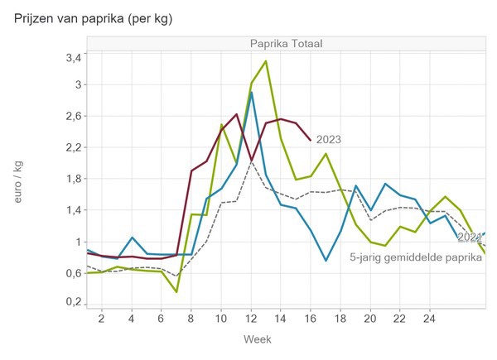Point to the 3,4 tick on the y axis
pos(74,58)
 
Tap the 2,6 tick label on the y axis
pos(74,116)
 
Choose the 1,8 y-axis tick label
pos(74,179)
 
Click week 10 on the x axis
pos(221,319)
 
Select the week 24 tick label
pos(429,319)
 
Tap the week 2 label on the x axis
pos(102,319)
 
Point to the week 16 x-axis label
pos(310,319)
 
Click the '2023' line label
pos(328,140)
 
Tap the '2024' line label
pos(469,238)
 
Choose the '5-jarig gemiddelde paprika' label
pos(416,257)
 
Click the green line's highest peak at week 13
pos(266,61)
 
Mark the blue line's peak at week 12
pos(251,92)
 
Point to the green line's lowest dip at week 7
pos(176,291)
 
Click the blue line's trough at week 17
pos(326,261)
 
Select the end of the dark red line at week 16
pos(311,140)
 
